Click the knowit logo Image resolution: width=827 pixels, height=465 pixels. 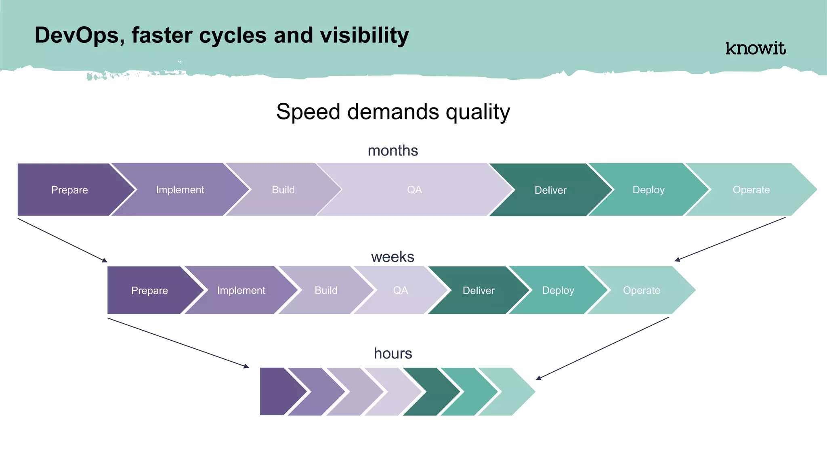[x=755, y=48]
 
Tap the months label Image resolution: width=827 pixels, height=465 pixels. [x=393, y=151]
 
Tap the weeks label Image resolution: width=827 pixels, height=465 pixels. [x=393, y=257]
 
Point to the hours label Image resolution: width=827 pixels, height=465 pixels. [x=393, y=354]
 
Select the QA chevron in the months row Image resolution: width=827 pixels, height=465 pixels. [x=414, y=190]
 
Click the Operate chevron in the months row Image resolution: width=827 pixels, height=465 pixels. [x=751, y=190]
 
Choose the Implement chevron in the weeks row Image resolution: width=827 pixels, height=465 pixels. [x=241, y=290]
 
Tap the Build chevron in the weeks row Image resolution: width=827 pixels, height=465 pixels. [x=326, y=290]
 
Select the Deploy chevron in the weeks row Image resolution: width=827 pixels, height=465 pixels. [x=558, y=290]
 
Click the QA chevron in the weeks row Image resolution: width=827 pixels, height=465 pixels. [x=400, y=290]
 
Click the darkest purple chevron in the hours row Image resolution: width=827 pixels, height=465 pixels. [x=279, y=392]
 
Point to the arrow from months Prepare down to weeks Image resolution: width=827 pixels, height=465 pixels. [x=63, y=241]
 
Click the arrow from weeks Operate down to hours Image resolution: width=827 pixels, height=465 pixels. [x=602, y=348]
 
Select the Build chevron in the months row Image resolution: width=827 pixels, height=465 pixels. [x=283, y=190]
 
